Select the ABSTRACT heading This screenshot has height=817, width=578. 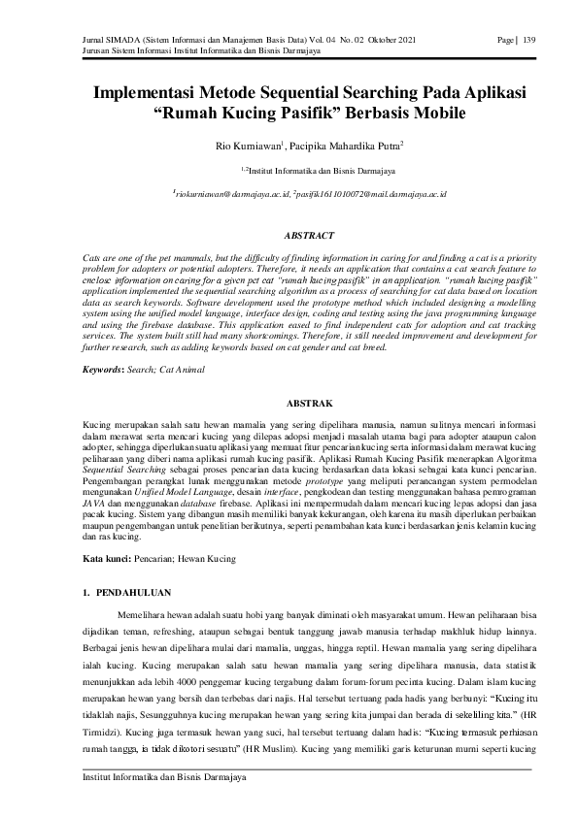point(308,236)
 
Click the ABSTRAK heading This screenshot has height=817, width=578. point(308,402)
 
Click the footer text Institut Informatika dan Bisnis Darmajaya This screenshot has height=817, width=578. point(163,777)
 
